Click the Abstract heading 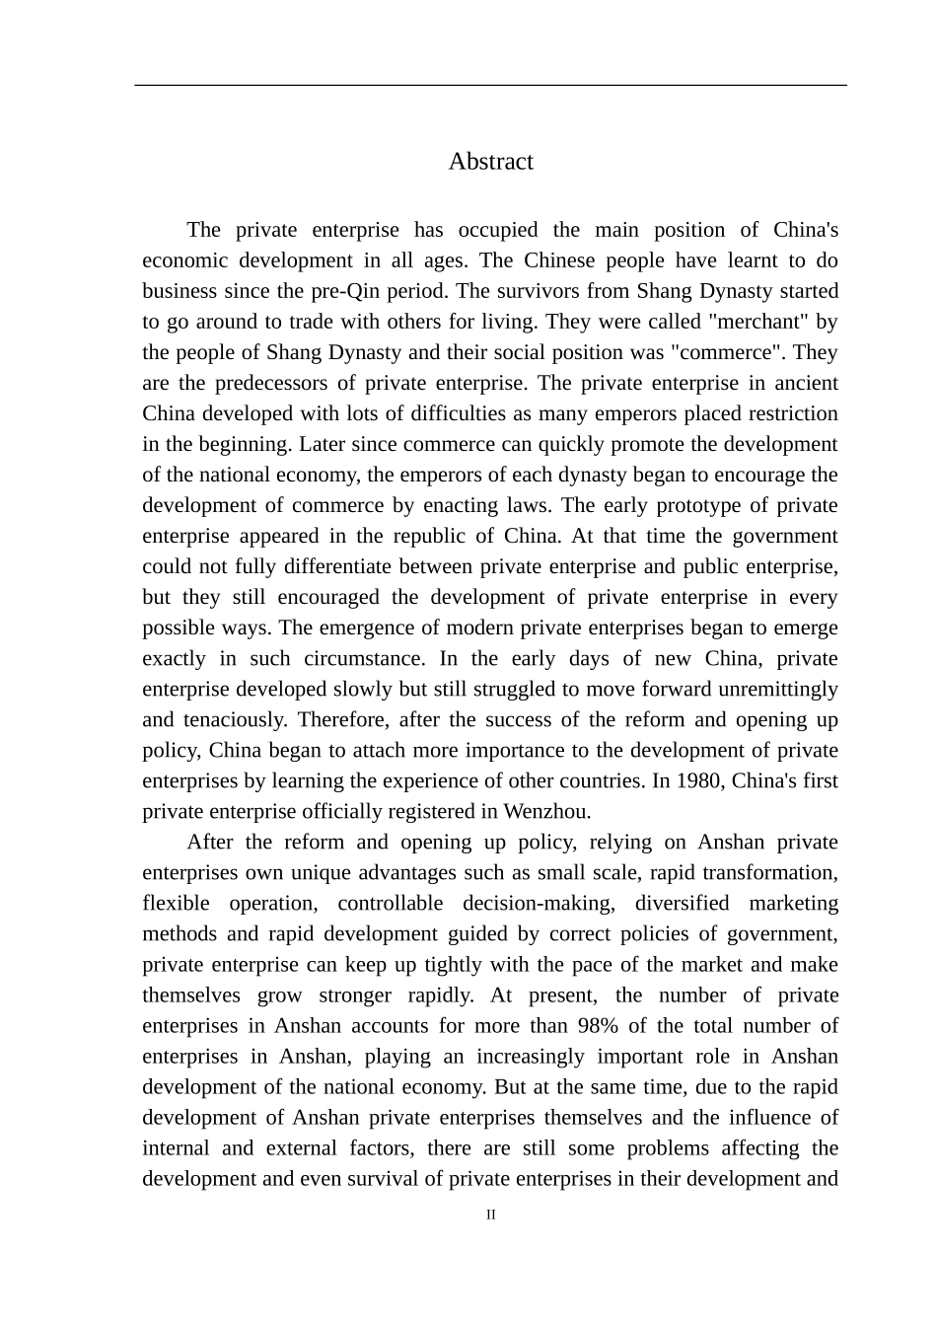[x=490, y=162]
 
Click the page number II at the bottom [x=491, y=1215]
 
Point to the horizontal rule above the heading [x=490, y=86]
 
